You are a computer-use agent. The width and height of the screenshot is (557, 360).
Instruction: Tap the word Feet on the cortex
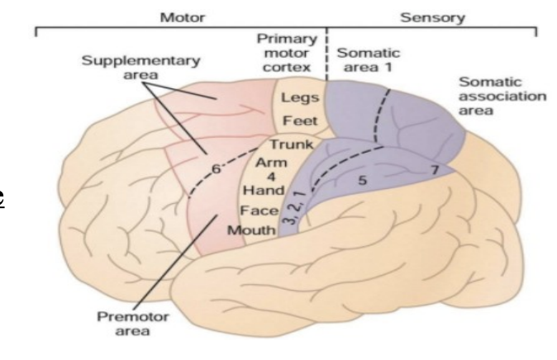click(298, 121)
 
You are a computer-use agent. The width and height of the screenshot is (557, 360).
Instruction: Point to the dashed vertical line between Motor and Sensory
click(328, 50)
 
